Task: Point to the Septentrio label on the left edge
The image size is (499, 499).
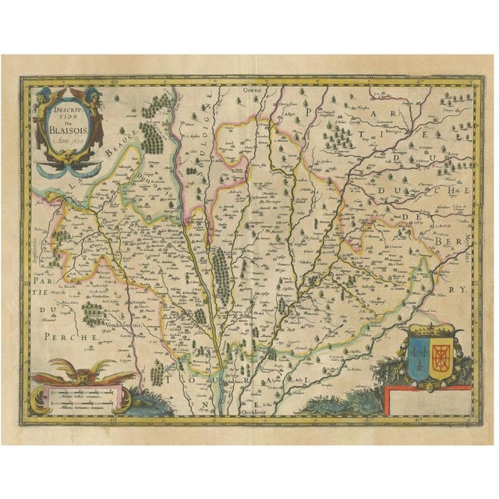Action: (37, 242)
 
